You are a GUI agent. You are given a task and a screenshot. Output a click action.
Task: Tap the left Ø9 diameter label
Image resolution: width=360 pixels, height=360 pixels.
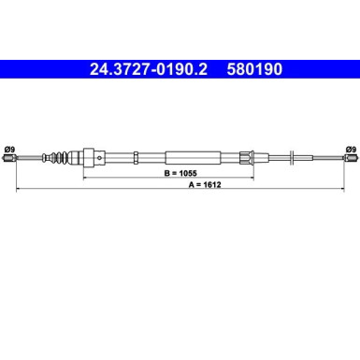pyautogui.click(x=9, y=147)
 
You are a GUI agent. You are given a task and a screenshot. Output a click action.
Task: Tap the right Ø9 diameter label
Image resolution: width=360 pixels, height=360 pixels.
pyautogui.click(x=350, y=147)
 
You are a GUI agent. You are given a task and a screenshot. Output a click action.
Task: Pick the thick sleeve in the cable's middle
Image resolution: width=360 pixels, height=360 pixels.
pyautogui.click(x=194, y=158)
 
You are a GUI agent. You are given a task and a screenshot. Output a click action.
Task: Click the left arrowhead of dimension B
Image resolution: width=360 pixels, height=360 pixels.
pyautogui.click(x=84, y=175)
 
